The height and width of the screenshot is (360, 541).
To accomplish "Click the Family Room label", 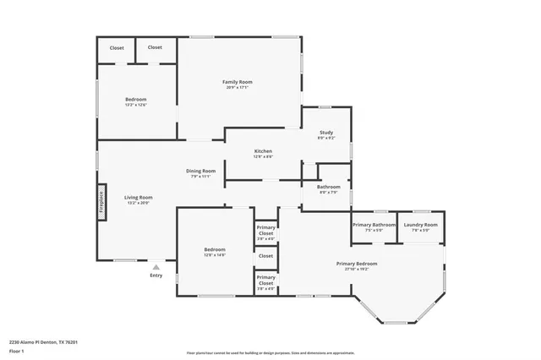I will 238,82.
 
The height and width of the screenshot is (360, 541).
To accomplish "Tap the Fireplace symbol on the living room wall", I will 101,201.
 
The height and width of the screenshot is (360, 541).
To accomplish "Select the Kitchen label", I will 263,152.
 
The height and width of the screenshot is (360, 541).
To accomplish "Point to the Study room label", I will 325,133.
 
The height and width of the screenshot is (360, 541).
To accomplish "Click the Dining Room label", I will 201,172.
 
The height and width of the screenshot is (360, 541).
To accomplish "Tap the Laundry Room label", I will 420,225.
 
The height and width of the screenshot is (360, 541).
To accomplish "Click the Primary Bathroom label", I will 374,225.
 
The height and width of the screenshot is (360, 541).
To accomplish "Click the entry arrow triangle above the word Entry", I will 156,266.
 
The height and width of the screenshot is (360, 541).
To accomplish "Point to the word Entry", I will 156,275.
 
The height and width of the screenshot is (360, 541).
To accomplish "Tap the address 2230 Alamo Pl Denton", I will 43,342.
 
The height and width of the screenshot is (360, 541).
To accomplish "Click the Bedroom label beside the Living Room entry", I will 215,249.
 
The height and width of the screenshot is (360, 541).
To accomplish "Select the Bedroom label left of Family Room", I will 136,100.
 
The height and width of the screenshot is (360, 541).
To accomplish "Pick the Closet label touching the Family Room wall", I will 155,48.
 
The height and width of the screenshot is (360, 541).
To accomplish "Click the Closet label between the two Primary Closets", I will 265,255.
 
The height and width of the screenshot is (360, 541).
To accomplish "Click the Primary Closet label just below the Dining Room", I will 265,231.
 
